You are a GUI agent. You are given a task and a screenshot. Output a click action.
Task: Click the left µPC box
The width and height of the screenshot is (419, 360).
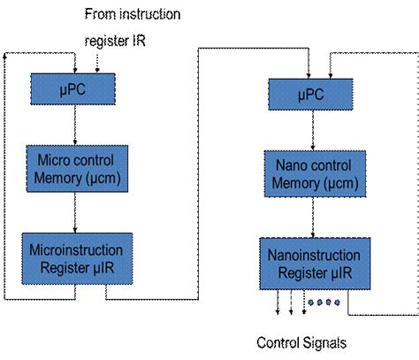72,89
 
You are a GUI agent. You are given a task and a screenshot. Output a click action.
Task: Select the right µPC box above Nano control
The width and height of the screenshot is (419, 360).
310,95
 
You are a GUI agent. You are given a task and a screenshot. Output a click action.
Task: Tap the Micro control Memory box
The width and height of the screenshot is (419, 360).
77,169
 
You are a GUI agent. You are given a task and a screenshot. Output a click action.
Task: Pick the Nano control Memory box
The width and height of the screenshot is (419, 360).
315,173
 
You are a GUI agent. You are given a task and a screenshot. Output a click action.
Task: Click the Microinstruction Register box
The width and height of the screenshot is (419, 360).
77,258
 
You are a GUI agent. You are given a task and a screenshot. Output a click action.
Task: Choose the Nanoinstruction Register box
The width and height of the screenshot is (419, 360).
315,264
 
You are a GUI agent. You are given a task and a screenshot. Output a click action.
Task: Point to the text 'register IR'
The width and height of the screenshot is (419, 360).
115,41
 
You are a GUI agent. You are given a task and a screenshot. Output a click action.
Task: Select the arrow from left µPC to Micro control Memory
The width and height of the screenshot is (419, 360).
75,125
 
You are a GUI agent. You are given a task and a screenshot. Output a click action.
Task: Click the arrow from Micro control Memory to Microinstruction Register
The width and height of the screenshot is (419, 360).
75,212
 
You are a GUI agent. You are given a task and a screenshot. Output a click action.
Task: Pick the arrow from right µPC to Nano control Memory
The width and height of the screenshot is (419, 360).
313,130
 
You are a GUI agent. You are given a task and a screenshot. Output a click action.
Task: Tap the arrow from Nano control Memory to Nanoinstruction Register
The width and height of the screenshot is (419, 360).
313,218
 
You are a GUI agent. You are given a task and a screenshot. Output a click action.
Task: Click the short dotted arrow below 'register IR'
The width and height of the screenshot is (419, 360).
97,64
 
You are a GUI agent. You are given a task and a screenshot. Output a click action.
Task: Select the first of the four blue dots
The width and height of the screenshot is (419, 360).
310,303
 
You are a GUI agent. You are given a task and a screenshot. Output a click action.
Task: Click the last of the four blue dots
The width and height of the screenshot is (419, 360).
337,303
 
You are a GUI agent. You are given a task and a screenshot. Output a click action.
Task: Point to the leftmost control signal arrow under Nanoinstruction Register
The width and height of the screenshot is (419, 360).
278,302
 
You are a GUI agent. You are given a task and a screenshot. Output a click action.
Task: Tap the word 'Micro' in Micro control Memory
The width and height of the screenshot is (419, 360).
54,160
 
